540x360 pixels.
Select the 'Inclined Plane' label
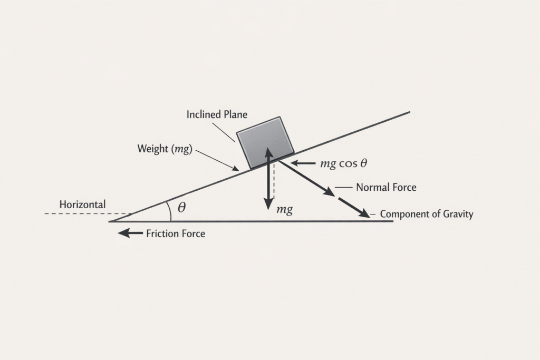(x=217, y=114)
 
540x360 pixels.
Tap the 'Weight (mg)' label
(x=165, y=149)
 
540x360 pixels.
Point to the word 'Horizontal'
(x=82, y=205)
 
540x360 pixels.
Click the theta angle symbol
(x=181, y=208)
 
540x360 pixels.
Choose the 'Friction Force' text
(x=175, y=233)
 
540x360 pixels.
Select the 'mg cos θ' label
(x=343, y=163)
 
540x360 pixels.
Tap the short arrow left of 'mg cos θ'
(x=302, y=163)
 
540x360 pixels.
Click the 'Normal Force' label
(x=386, y=187)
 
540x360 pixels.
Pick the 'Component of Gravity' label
(x=426, y=215)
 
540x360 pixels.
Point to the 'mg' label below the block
(x=284, y=209)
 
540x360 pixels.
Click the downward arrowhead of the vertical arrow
(x=268, y=203)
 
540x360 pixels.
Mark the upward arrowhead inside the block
(x=268, y=152)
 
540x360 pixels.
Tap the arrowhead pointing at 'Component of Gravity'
(x=363, y=213)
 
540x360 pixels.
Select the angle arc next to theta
(x=169, y=211)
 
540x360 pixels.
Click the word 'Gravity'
(x=458, y=215)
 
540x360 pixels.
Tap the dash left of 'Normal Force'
(x=343, y=187)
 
